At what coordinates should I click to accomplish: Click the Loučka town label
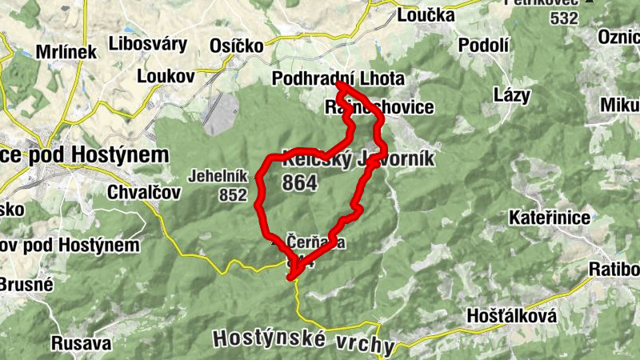pos(426,15)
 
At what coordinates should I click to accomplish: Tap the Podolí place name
pos(484,46)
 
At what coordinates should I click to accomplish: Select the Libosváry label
pos(148,44)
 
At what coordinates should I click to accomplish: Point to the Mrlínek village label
pos(65,52)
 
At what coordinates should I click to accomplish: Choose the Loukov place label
pos(166,76)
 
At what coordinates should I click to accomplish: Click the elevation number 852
pos(233,194)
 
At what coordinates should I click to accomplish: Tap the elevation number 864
pos(300,183)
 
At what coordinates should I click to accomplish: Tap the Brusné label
pos(26,284)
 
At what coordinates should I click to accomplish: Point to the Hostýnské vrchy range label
pos(304,341)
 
